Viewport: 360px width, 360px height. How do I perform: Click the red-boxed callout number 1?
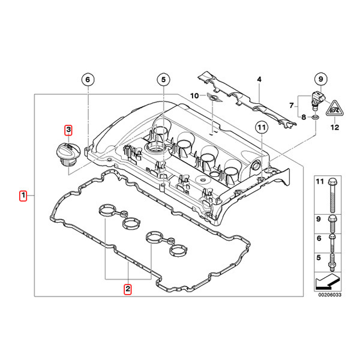[23, 196]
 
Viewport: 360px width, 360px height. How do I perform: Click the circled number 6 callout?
[87, 80]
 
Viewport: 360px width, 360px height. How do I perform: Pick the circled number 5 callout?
[163, 80]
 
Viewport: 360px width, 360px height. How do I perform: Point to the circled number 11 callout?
[260, 127]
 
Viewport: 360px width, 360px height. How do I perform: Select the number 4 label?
[259, 80]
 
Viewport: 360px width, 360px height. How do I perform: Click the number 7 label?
[292, 106]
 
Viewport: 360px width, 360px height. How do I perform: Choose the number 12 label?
[335, 127]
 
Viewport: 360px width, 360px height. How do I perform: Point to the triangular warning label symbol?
[334, 109]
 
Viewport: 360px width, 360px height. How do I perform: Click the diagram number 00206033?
[328, 295]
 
